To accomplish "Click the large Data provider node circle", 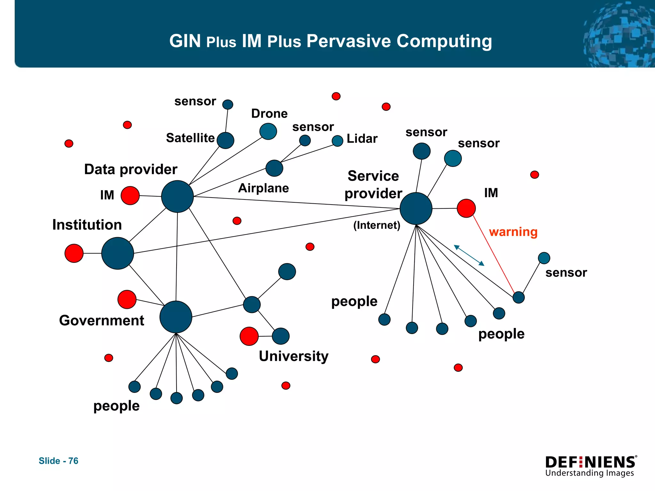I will coord(177,196).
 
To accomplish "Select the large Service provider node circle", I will coord(416,208).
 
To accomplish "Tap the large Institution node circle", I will coord(117,253).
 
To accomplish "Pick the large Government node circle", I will coord(176,317).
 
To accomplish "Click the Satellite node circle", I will coord(225,140).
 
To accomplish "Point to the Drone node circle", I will coord(268,131).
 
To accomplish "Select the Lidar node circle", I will coord(337,141).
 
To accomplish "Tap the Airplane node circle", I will coord(274,168).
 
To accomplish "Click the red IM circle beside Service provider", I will coord(466,208).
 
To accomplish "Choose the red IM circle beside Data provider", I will coord(130,195).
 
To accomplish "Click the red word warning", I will coord(513,232).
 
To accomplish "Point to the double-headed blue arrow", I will coord(469,255).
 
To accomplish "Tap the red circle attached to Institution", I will coord(74,253).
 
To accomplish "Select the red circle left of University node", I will coord(249,336).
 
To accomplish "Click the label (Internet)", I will coord(377,225).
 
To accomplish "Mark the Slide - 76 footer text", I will coord(59,461).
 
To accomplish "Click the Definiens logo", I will coord(591,466).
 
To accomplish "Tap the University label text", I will coord(294,356).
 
